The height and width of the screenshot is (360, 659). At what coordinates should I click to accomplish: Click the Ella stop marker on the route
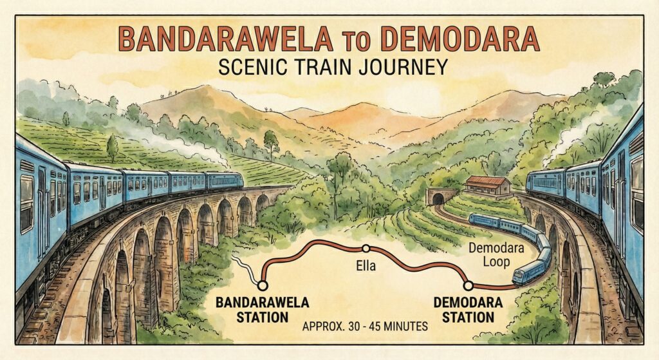tap(366, 248)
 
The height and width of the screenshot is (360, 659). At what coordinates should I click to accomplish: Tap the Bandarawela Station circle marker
tap(263, 284)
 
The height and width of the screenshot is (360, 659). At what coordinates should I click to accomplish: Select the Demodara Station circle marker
tap(469, 284)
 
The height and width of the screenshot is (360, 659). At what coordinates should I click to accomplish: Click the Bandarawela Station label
tap(263, 310)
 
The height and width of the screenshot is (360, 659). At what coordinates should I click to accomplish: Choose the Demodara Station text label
tap(464, 310)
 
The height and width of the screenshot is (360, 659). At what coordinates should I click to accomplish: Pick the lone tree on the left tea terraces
tap(112, 147)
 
